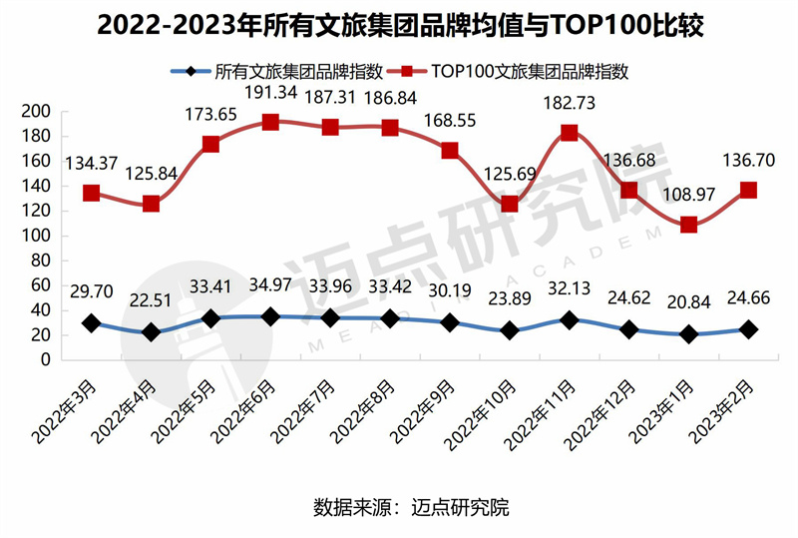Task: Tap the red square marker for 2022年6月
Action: [270, 122]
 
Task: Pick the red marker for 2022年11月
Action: [569, 133]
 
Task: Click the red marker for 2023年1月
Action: [688, 225]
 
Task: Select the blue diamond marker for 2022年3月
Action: [92, 323]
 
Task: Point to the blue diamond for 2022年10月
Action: [510, 330]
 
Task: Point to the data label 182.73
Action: [569, 103]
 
